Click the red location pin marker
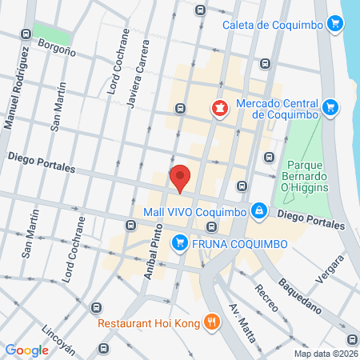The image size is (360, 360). point(181,178)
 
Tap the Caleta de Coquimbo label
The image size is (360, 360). point(274,25)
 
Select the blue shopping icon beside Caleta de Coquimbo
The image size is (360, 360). point(335,25)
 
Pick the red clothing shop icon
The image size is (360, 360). point(218,108)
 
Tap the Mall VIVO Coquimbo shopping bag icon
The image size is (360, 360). point(258,211)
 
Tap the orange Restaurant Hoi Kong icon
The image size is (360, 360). point(212,322)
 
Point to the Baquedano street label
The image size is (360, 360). point(300,294)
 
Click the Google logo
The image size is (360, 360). point(27,350)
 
